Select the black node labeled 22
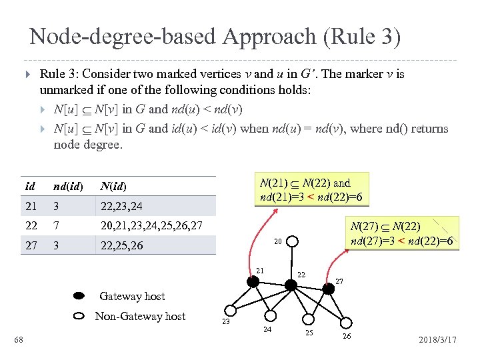click(291, 285)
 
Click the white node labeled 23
click(230, 310)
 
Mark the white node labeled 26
click(346, 323)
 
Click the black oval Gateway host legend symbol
click(79, 295)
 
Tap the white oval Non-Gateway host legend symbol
click(79, 316)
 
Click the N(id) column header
click(113, 186)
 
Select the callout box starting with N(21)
click(313, 189)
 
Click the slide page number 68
click(19, 341)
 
